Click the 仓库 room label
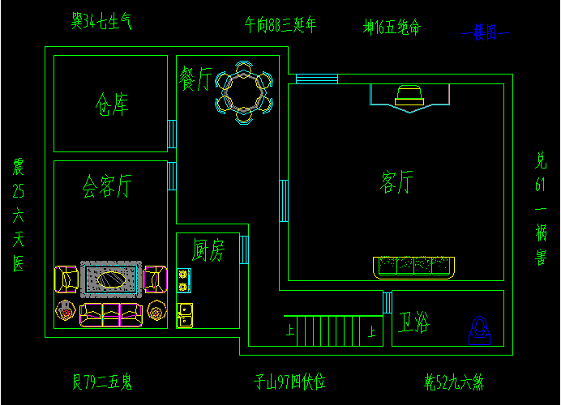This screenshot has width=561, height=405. pos(111,104)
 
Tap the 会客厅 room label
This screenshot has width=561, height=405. pos(107,187)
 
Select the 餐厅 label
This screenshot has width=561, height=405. pos(195,79)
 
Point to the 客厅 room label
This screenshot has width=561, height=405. pos(396,182)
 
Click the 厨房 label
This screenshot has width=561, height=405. pos(208,249)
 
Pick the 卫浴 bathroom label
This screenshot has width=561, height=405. pos(413,324)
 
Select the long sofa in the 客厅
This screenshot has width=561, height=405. pos(415,266)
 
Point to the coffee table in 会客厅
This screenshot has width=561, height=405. pos(112,279)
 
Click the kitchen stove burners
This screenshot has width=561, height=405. pos(183,280)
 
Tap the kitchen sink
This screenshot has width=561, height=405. pos(184,314)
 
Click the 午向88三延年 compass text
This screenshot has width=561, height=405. pos(280,25)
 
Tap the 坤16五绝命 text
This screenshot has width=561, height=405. pos(392,28)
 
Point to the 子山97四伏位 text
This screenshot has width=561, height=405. pos(290,382)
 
